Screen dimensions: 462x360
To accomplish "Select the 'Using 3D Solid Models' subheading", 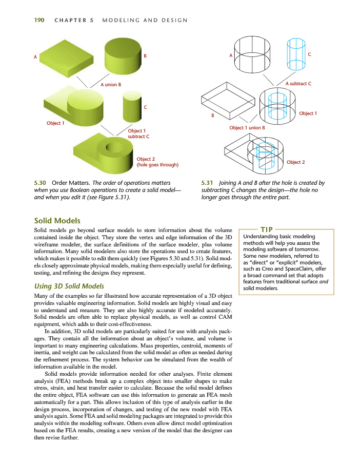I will pyautogui.click(x=69, y=285).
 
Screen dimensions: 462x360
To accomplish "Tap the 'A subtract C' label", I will pyautogui.click(x=298, y=83).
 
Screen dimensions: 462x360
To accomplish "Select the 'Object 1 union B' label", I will pyautogui.click(x=247, y=127).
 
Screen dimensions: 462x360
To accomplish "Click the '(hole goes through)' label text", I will pyautogui.click(x=157, y=165).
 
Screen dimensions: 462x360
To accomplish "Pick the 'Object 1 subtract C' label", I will pyautogui.click(x=138, y=133).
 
